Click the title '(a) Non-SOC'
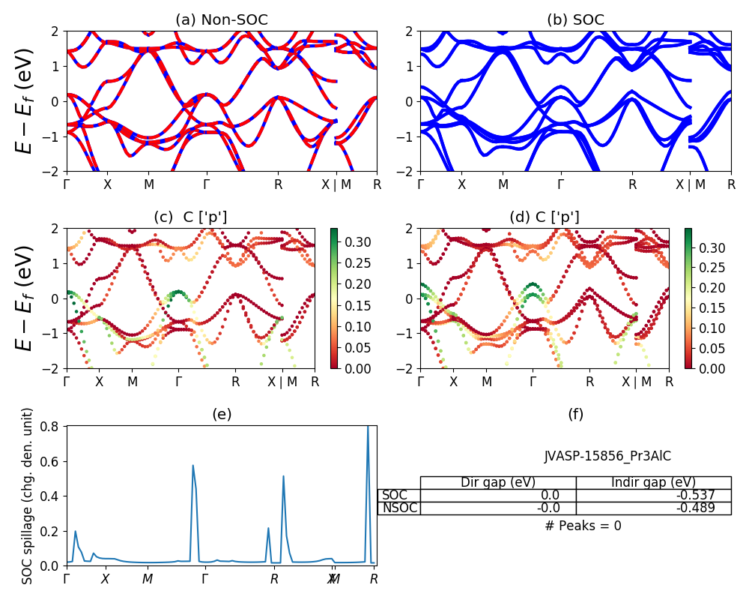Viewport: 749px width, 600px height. coord(221,20)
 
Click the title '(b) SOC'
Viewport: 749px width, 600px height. coord(575,20)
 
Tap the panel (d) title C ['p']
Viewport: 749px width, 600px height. coord(545,217)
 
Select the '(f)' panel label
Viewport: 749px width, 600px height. coord(575,414)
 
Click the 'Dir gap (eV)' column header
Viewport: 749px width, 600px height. coord(498,482)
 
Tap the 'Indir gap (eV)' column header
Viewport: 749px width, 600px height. coord(653,482)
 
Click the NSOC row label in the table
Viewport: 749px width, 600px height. coord(399,508)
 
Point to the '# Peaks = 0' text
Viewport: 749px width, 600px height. coord(583,526)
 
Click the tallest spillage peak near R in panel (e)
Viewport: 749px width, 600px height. coord(368,427)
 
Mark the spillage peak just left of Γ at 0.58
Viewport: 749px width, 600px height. coord(192,466)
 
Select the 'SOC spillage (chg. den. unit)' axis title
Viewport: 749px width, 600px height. coord(28,496)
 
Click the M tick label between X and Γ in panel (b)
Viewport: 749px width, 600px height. coord(503,184)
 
